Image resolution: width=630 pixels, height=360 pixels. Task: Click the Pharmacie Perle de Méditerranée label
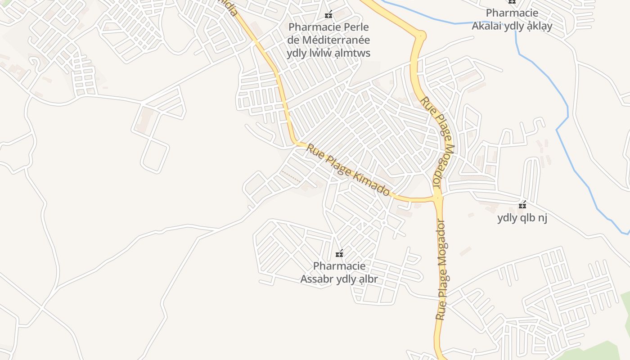[328, 40]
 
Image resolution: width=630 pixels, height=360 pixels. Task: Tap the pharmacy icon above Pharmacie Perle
[328, 15]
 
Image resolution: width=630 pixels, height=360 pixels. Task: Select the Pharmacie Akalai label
[512, 19]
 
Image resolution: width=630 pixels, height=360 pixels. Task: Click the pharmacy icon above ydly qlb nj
[522, 205]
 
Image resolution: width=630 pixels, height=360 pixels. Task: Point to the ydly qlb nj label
[522, 218]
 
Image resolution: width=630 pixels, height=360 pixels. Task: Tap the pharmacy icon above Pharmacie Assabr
[340, 254]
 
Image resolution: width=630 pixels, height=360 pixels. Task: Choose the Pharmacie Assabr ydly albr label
[339, 273]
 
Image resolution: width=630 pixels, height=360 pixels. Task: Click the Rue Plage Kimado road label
[348, 169]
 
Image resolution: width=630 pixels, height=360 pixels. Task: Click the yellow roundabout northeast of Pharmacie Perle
[421, 35]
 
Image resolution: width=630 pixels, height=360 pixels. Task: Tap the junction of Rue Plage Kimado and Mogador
[438, 198]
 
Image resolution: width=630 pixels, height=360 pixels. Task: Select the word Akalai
[487, 26]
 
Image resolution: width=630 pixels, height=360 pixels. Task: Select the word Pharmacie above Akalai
[512, 13]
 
